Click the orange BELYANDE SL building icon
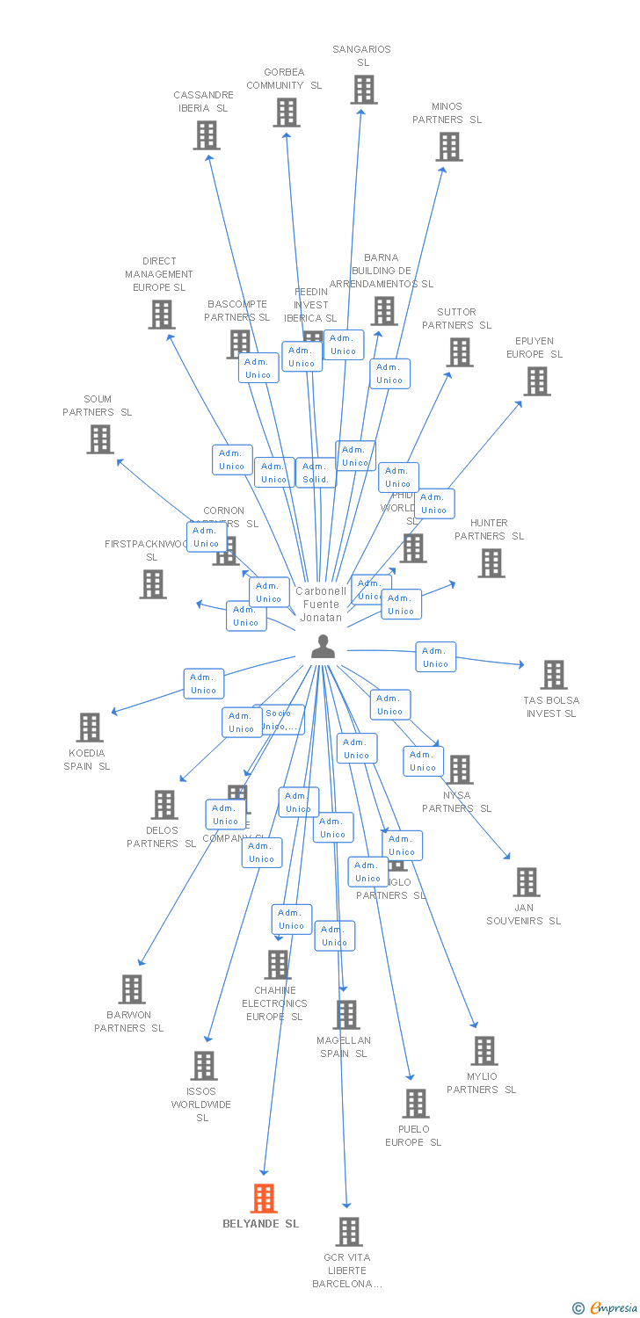[264, 1198]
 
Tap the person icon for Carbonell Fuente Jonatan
[324, 647]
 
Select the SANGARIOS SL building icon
[363, 90]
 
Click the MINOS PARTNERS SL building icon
[448, 147]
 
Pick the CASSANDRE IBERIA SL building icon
[206, 135]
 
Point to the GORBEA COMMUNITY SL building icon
[286, 112]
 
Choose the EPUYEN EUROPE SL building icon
[536, 381]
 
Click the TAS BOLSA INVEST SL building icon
[553, 675]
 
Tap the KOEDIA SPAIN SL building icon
[89, 728]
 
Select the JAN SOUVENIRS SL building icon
[526, 882]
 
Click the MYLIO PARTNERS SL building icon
[484, 1051]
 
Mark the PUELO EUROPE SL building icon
[415, 1104]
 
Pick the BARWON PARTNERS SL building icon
[131, 989]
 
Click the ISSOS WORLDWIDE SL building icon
[203, 1066]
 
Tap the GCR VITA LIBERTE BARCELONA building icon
[349, 1232]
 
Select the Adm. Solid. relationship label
[315, 473]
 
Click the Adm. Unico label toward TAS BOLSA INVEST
[435, 657]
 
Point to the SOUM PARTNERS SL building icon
[100, 439]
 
